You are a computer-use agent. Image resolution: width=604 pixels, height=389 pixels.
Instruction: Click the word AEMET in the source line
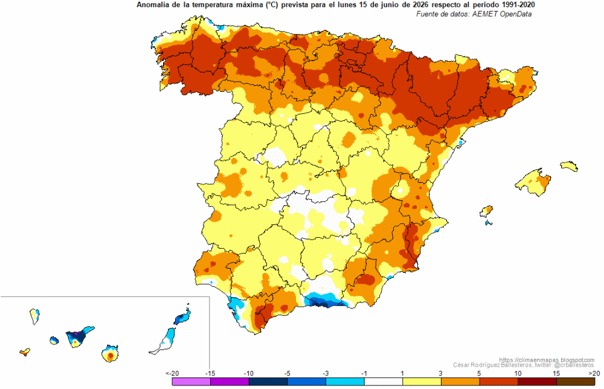coord(486,14)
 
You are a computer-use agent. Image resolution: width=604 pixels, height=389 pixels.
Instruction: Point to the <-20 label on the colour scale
coord(172,373)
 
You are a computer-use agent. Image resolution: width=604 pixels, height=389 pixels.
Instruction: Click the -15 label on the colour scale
coord(210,373)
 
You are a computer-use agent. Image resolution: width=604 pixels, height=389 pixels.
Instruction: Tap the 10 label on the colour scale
coord(518,373)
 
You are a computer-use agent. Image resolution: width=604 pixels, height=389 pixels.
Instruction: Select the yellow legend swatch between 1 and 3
coord(422,381)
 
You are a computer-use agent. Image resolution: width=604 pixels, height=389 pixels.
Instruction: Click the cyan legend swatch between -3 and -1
coord(345,381)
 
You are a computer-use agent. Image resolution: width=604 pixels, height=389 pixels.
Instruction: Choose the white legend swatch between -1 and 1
coord(384,381)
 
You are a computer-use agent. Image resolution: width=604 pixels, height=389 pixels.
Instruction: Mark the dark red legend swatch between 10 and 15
coord(537,381)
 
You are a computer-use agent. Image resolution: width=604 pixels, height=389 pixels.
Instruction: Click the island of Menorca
coord(569,166)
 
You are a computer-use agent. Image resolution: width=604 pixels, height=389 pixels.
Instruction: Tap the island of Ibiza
coord(486,212)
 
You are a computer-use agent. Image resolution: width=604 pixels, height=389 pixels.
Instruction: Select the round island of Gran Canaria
coord(110,354)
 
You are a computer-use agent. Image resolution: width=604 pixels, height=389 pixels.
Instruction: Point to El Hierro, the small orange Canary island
coord(25,351)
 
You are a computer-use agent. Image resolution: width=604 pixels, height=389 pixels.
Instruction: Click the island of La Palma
coord(34,316)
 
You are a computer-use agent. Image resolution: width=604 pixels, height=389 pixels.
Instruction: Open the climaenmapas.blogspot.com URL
coord(547,360)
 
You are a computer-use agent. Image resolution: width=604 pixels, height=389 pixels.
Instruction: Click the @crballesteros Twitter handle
coord(574,365)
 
